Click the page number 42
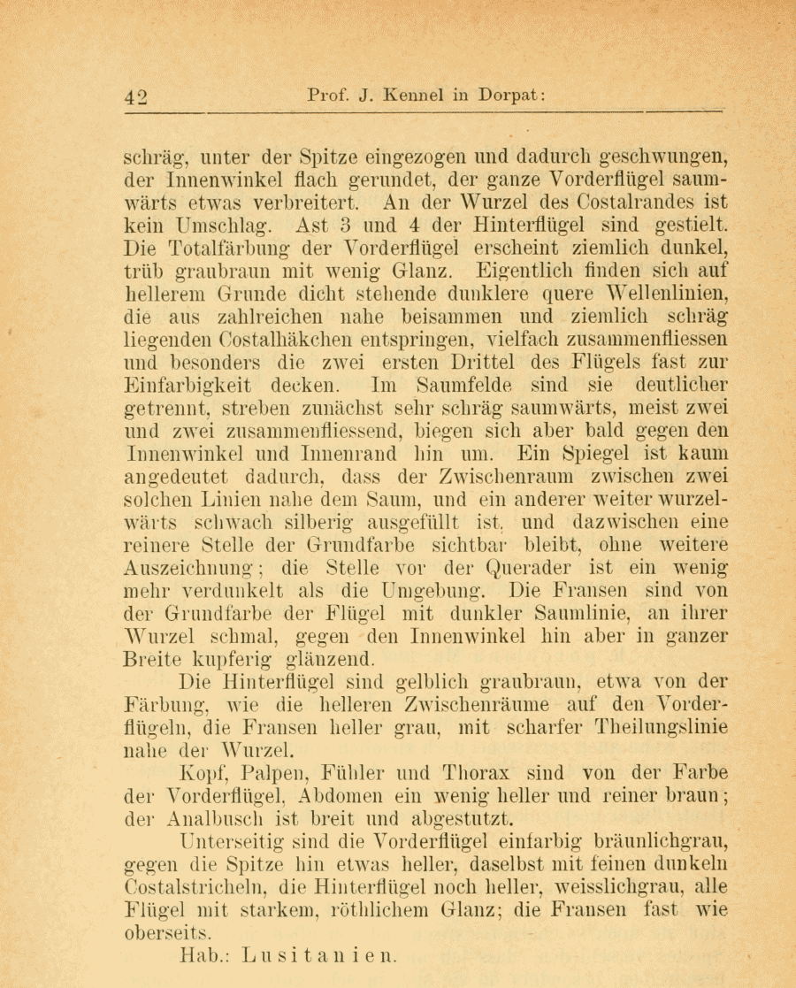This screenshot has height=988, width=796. [x=139, y=96]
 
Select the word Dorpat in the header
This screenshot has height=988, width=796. [x=507, y=96]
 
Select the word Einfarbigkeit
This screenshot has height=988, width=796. [x=188, y=386]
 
